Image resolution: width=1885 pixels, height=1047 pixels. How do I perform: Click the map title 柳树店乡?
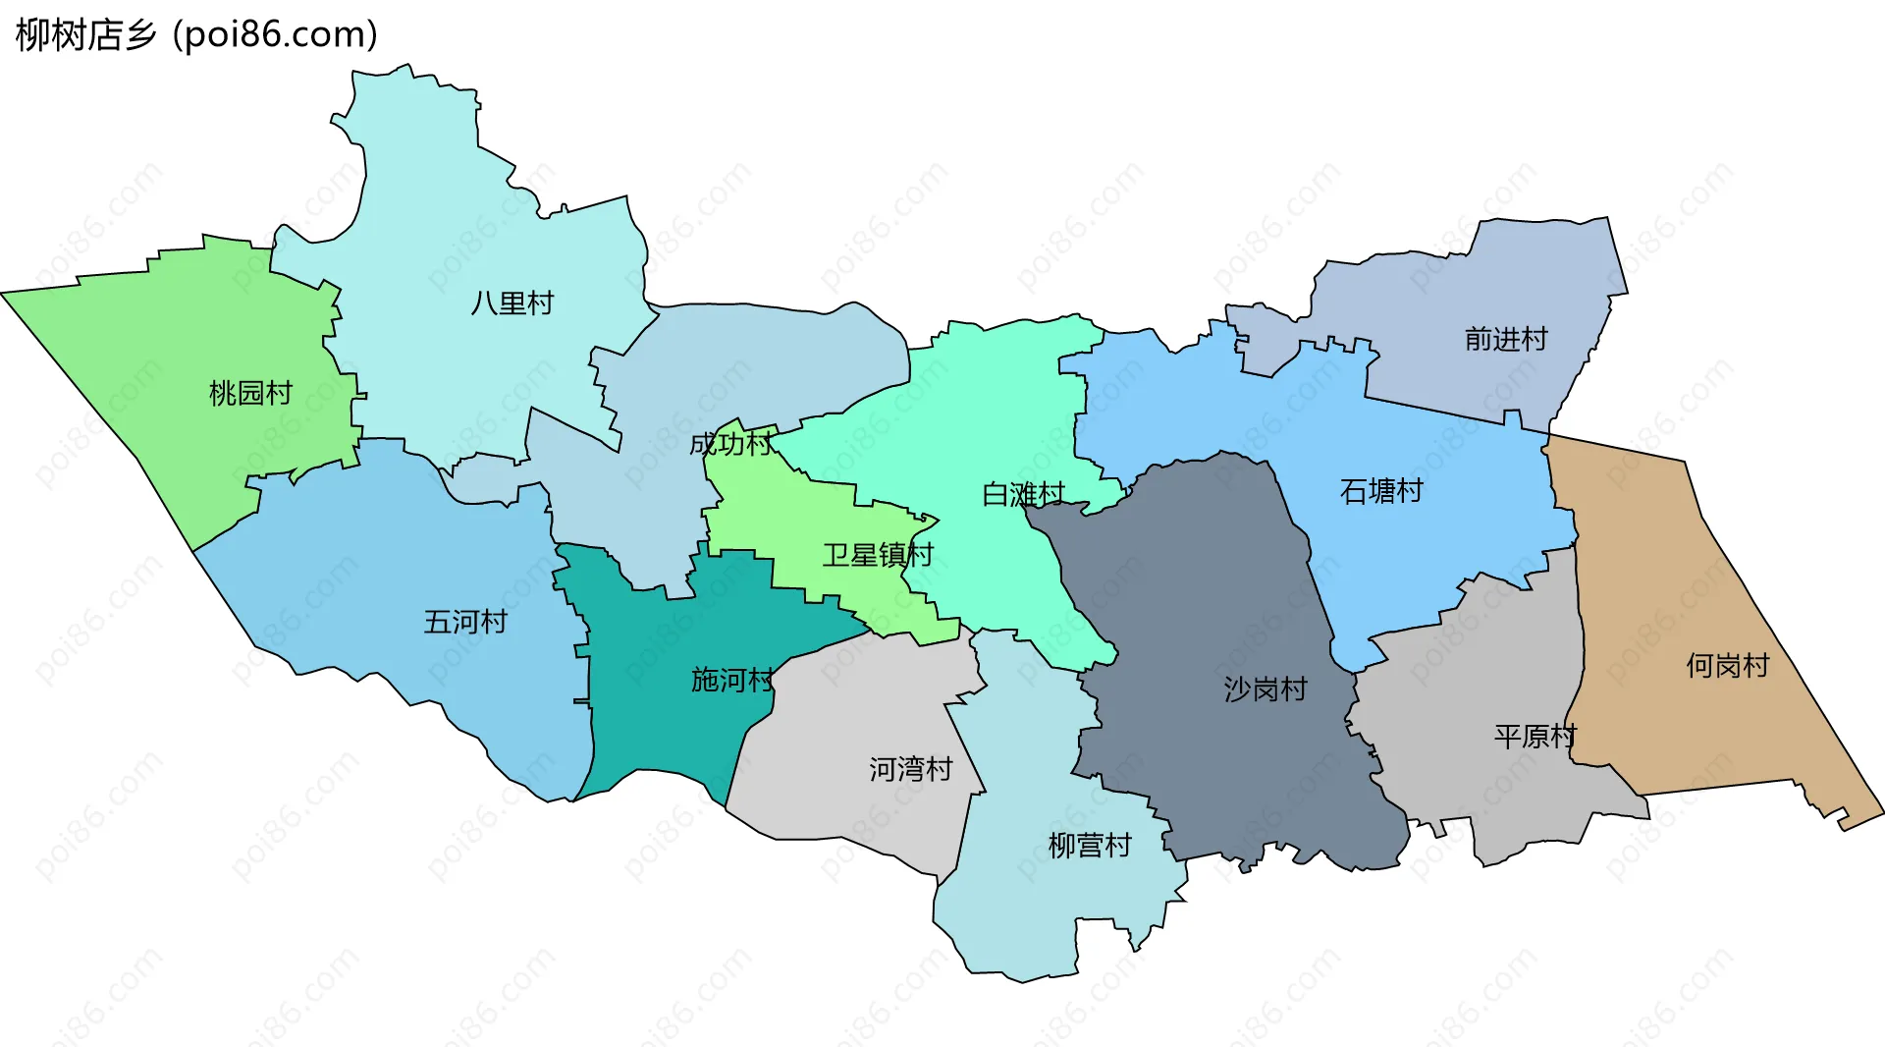click(86, 35)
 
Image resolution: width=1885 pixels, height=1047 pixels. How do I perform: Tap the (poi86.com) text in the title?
click(275, 35)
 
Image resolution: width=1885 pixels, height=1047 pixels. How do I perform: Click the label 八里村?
click(512, 303)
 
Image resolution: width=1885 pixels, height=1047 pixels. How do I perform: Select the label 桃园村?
click(251, 393)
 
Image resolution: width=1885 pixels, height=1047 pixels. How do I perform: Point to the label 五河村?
click(465, 622)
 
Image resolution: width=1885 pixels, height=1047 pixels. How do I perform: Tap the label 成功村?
click(730, 444)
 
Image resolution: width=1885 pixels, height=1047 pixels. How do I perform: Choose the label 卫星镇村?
click(878, 555)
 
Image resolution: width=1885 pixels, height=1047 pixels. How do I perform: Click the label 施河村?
click(732, 680)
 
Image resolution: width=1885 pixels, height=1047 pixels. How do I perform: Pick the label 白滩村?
click(1023, 494)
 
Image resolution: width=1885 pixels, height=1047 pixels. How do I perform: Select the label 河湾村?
click(911, 769)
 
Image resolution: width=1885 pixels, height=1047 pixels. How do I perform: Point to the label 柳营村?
click(1090, 846)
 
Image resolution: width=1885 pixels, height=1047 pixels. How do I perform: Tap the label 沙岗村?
click(1266, 689)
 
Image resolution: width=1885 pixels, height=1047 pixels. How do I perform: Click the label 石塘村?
click(1381, 491)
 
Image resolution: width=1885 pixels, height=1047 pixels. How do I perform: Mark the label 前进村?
click(1506, 339)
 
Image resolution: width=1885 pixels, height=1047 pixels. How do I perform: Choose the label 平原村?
click(1535, 736)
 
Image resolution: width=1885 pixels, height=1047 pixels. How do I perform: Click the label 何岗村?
click(1727, 666)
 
